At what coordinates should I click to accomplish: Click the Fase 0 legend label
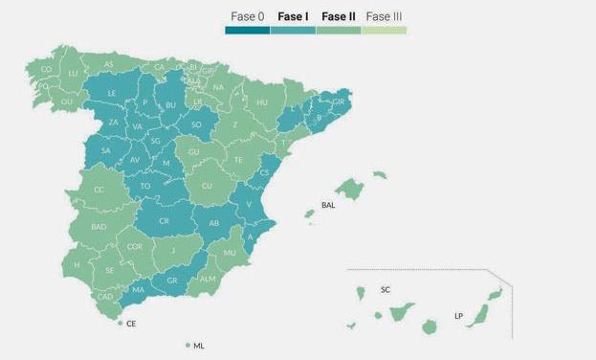click(247, 16)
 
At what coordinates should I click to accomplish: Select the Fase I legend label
click(293, 16)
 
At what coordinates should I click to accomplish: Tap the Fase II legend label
click(338, 16)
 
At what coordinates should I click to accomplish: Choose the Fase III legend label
click(384, 16)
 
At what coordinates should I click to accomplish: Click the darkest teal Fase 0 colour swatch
click(247, 31)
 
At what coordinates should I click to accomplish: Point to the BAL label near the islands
click(328, 205)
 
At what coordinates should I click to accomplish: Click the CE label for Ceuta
click(131, 325)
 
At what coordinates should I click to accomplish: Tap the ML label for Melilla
click(199, 346)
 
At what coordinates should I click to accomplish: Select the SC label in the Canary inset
click(386, 289)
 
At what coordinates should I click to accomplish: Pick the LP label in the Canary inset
click(458, 315)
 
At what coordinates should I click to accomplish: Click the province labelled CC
click(99, 190)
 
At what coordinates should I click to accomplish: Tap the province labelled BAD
click(99, 227)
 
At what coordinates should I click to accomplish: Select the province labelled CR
click(164, 220)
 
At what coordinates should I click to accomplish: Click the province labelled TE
click(239, 160)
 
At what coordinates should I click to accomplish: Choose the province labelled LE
click(112, 93)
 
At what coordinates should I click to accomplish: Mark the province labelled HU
click(261, 101)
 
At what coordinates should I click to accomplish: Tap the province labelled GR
click(172, 281)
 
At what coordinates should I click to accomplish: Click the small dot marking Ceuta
click(121, 324)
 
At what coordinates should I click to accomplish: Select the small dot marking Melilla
click(188, 345)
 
